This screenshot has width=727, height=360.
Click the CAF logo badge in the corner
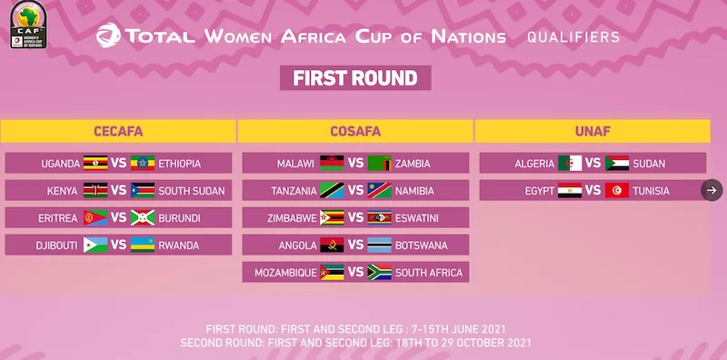point(28,25)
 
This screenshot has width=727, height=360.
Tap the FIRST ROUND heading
point(355,78)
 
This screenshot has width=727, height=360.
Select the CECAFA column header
point(118,131)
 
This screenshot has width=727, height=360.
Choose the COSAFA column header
point(355,131)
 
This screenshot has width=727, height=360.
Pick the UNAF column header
point(593,131)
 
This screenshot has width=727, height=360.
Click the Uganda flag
point(95,164)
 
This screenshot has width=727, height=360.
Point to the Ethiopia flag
point(143,164)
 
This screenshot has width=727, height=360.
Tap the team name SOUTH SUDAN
point(192,191)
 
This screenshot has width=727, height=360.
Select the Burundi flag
point(143,217)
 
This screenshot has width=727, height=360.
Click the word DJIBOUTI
point(56,245)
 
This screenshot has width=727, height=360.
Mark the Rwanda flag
point(143,245)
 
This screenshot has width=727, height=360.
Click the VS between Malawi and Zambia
point(355,164)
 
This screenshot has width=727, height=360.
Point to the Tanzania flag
point(332,191)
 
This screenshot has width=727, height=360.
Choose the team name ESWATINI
point(417,218)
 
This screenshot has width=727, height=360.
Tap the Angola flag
point(332,245)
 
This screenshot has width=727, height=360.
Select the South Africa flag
point(379,273)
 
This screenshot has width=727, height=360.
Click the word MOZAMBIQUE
point(285,273)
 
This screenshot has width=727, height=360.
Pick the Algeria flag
point(570,164)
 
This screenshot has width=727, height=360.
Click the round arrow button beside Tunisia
point(712,190)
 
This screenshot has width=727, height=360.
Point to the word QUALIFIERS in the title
point(573,37)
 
